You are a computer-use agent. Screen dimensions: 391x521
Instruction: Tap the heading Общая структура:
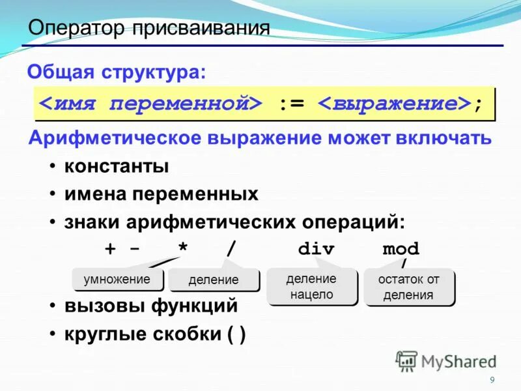116,72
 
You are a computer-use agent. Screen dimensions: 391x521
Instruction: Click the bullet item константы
117,166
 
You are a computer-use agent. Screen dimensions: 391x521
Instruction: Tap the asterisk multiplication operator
183,250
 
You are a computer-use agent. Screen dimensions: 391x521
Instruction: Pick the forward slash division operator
231,250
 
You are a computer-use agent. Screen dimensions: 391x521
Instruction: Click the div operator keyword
316,250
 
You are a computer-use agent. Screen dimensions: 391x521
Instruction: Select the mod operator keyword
401,250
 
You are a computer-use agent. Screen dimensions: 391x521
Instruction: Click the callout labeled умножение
117,280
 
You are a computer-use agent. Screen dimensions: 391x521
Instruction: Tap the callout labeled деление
213,281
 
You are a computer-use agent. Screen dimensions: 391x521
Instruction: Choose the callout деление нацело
311,286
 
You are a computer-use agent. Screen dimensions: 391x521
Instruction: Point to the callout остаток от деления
408,287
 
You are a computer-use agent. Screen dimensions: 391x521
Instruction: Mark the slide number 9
492,380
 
